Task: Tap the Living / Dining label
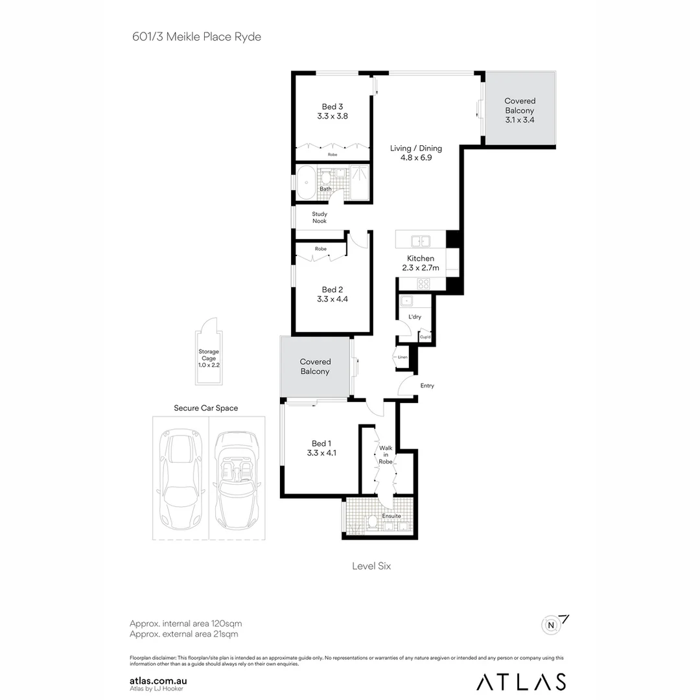(415, 153)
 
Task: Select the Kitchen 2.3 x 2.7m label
(421, 263)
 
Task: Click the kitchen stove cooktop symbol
(423, 283)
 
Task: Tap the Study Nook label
(320, 218)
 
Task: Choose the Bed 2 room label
(332, 294)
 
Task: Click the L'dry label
(414, 317)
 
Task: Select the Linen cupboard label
(402, 357)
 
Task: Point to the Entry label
(427, 386)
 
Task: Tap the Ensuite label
(391, 516)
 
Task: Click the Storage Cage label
(209, 358)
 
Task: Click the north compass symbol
(552, 625)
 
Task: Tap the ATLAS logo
(520, 681)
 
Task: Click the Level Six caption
(371, 566)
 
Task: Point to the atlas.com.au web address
(159, 681)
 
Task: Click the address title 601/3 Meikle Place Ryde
(196, 37)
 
